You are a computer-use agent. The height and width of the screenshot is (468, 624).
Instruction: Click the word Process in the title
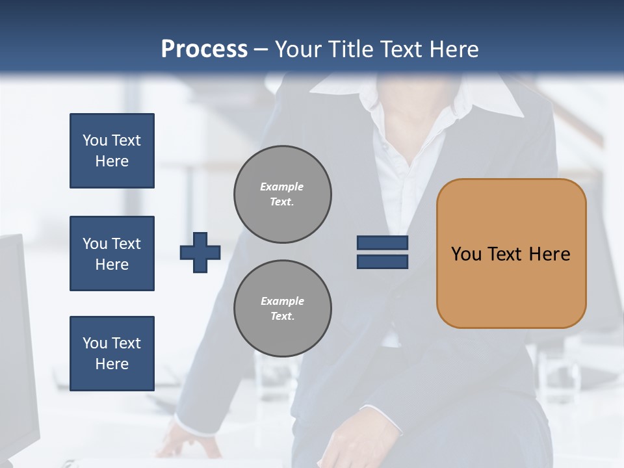pyautogui.click(x=204, y=49)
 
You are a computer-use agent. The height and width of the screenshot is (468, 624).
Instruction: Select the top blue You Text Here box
pyautogui.click(x=112, y=151)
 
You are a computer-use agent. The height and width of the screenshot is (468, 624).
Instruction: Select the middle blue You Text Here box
pyautogui.click(x=112, y=253)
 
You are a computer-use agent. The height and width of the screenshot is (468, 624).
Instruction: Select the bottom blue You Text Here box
pyautogui.click(x=112, y=354)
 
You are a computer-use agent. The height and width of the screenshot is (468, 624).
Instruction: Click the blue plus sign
pyautogui.click(x=200, y=252)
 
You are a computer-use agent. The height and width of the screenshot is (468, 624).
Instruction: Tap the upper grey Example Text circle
pyautogui.click(x=283, y=194)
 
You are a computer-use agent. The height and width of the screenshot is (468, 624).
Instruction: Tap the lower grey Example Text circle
pyautogui.click(x=283, y=309)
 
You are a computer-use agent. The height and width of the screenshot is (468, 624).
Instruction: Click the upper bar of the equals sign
pyautogui.click(x=383, y=243)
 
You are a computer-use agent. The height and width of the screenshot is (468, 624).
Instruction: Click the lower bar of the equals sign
pyautogui.click(x=383, y=262)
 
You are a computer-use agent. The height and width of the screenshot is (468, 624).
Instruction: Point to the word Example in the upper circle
pyautogui.click(x=282, y=187)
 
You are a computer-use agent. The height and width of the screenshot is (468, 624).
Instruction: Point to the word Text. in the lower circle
pyautogui.click(x=283, y=317)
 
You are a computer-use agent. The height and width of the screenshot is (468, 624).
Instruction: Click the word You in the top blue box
pyautogui.click(x=94, y=140)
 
